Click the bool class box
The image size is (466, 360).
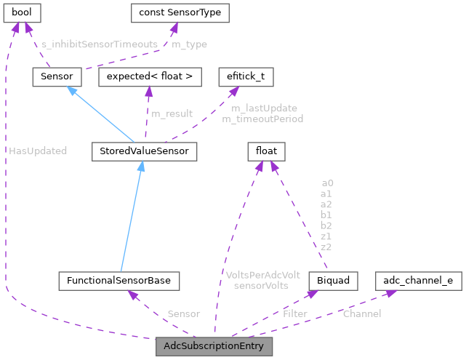tap(21, 12)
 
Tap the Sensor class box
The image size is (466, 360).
tap(56, 76)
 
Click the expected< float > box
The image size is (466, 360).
tap(149, 76)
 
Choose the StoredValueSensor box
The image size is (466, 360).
tap(140, 151)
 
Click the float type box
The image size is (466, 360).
tap(265, 151)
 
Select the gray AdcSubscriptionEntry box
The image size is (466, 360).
tap(214, 346)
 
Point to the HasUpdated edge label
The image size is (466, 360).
tap(38, 151)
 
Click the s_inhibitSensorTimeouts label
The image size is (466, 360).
tap(100, 44)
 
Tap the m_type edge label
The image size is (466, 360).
tap(189, 44)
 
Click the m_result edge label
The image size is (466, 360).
tap(172, 113)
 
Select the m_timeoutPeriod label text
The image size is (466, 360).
tap(262, 119)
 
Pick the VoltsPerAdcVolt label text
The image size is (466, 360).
tap(262, 275)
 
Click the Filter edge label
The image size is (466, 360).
tap(294, 314)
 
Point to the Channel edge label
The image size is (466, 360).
tap(361, 313)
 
